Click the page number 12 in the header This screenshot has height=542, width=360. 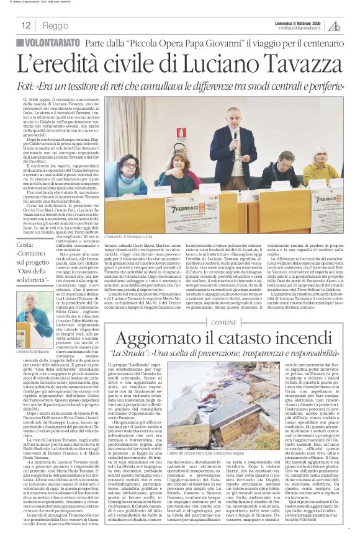[x=27, y=25]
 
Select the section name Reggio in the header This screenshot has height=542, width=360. [x=56, y=25]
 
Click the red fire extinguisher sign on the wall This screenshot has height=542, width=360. [x=181, y=133]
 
